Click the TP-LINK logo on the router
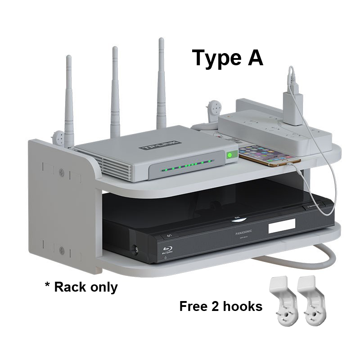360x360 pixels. (161, 145)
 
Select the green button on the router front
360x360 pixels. (231, 155)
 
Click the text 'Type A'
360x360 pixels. (227, 58)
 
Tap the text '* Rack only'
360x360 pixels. (81, 287)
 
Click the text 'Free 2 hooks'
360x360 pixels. (220, 306)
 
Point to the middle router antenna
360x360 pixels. (116, 90)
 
